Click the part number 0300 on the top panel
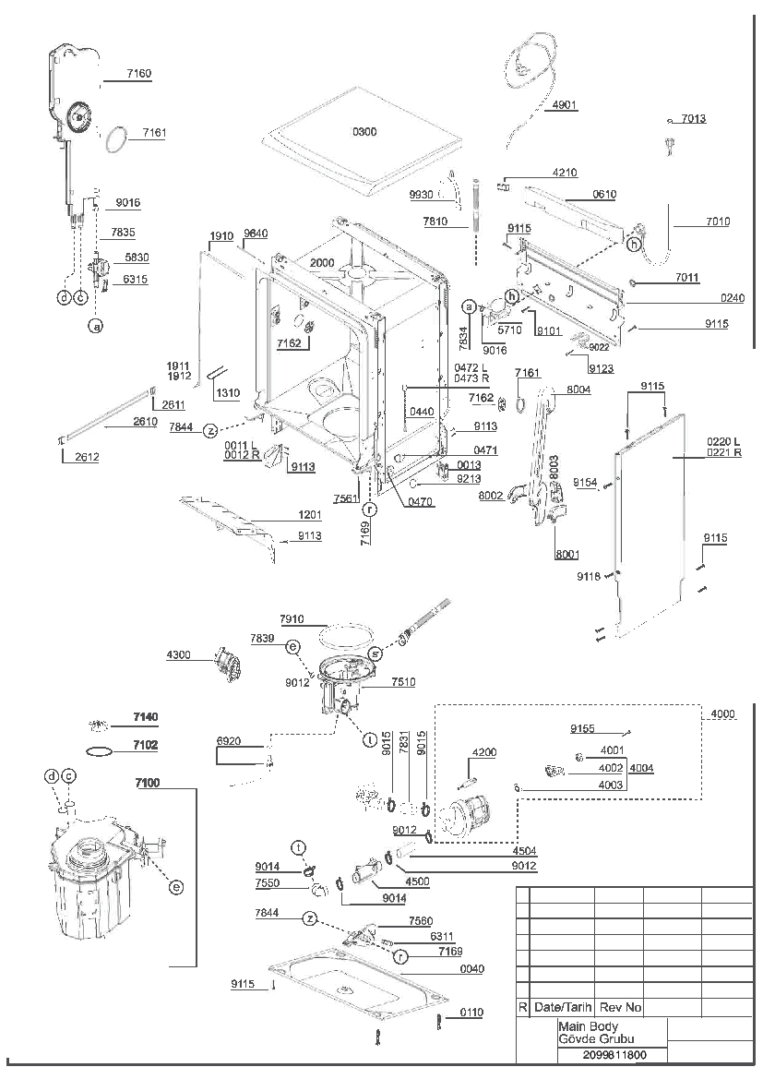pyautogui.click(x=364, y=131)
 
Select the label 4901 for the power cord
pyautogui.click(x=565, y=105)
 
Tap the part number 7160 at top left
pyautogui.click(x=139, y=74)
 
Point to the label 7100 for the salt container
pyautogui.click(x=148, y=783)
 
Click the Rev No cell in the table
pyautogui.click(x=621, y=1007)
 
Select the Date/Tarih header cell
pyautogui.click(x=563, y=1007)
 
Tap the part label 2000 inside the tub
pyautogui.click(x=322, y=263)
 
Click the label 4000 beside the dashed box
pyautogui.click(x=722, y=714)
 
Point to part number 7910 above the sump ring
pyautogui.click(x=292, y=619)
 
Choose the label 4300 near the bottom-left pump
pyautogui.click(x=179, y=654)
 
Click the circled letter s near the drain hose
pyautogui.click(x=376, y=653)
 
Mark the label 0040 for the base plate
pyautogui.click(x=471, y=969)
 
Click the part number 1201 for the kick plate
pyautogui.click(x=310, y=515)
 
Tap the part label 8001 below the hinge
pyautogui.click(x=567, y=554)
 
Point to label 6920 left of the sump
pyautogui.click(x=229, y=741)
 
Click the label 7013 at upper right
pyautogui.click(x=694, y=119)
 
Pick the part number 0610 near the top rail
pyautogui.click(x=604, y=194)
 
